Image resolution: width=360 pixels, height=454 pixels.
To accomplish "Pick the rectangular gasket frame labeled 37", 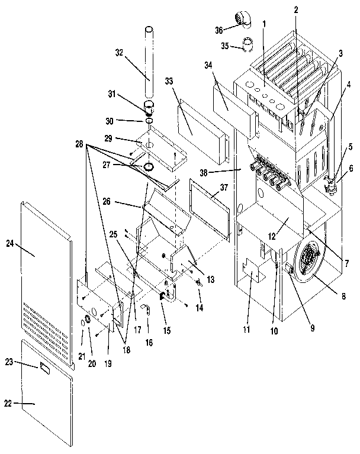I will coord(208,210).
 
